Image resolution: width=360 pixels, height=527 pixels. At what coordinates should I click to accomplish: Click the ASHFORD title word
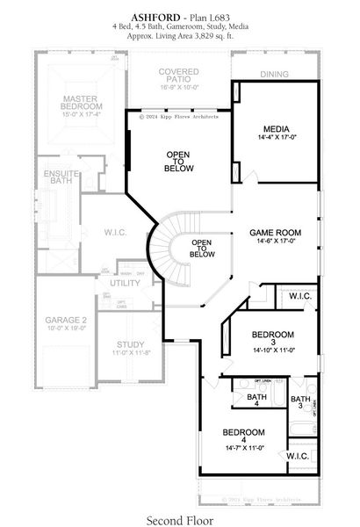pos(155,16)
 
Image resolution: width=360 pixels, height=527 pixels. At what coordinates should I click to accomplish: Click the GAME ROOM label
pos(275,233)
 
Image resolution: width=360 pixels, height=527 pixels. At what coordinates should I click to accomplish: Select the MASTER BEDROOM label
pos(72,104)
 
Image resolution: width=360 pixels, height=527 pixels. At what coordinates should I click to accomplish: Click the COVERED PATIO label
pos(181,75)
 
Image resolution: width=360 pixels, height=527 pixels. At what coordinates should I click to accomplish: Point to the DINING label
pos(274,75)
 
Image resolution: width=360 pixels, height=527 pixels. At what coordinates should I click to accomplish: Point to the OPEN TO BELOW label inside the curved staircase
pos(202,248)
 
